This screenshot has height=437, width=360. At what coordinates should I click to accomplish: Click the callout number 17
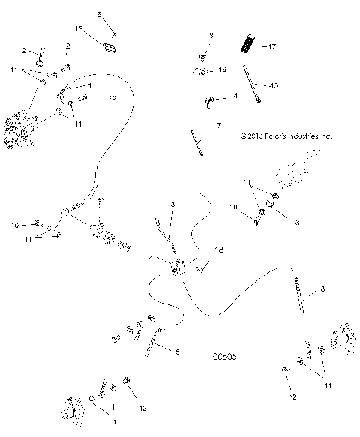click(x=271, y=47)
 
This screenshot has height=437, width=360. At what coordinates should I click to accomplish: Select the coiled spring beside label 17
click(x=245, y=43)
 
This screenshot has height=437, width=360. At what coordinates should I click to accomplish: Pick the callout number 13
click(x=79, y=28)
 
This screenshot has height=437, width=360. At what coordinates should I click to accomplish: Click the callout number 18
click(x=219, y=249)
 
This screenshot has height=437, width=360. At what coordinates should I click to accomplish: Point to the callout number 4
click(x=150, y=259)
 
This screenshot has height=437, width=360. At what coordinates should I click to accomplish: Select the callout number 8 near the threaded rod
click(x=322, y=289)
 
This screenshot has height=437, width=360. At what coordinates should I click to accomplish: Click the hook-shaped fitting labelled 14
click(x=210, y=99)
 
